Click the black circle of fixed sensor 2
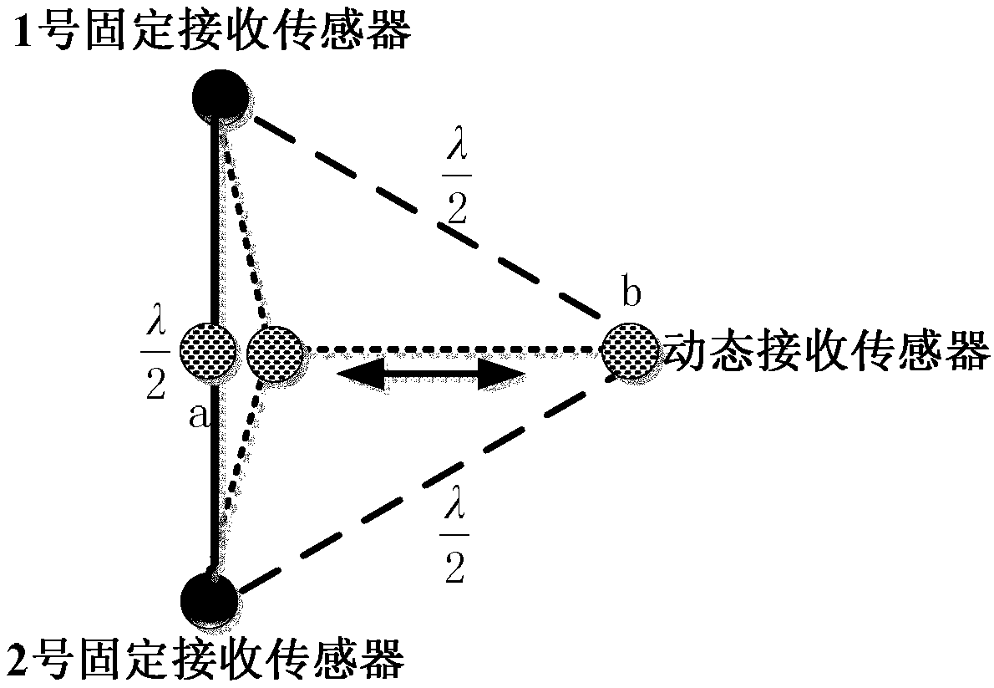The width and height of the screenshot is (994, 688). click(x=209, y=599)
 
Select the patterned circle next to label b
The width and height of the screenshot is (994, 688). click(x=629, y=351)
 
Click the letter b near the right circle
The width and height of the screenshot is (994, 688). click(x=632, y=295)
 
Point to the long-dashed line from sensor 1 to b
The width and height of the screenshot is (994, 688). click(x=418, y=212)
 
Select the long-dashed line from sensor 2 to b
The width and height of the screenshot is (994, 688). click(x=418, y=489)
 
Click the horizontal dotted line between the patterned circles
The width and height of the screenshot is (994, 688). click(x=451, y=349)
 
